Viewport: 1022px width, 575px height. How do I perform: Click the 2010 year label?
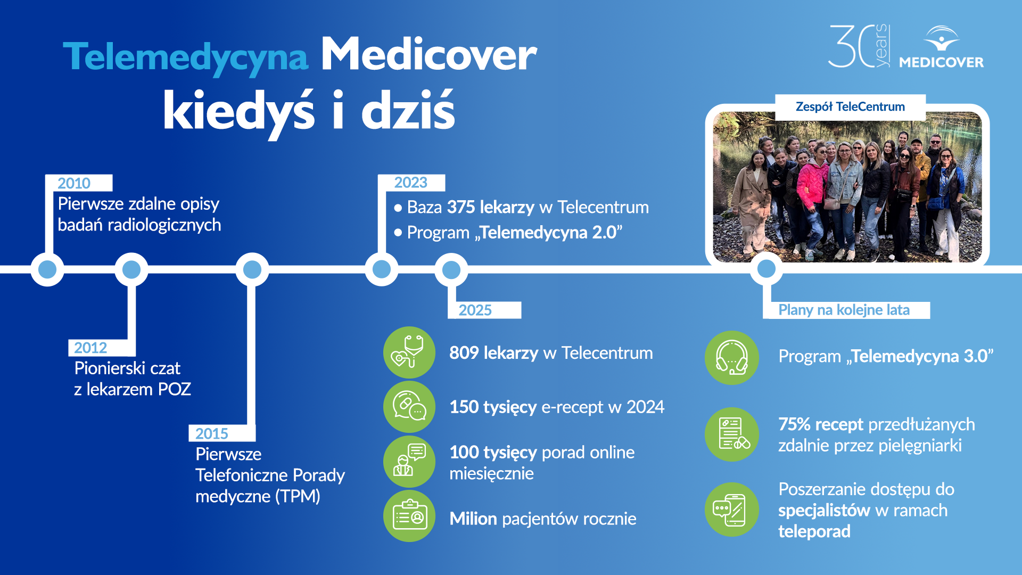pos(74,183)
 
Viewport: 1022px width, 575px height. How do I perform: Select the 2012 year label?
pos(90,348)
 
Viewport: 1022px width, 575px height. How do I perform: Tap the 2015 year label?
pos(211,433)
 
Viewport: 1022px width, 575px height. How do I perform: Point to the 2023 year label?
pos(410,183)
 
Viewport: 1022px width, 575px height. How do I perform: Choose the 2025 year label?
pos(475,310)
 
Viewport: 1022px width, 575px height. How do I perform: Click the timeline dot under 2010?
pos(47,269)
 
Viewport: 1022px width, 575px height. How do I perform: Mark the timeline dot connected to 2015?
pos(252,269)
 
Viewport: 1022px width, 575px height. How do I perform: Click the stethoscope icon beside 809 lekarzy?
pos(409,352)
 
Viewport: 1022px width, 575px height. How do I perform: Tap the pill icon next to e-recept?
pos(409,407)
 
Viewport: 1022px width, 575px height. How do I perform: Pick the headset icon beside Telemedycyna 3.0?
pos(731,357)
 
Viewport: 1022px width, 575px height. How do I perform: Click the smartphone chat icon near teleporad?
pos(731,510)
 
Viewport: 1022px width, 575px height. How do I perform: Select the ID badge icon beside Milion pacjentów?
pos(409,516)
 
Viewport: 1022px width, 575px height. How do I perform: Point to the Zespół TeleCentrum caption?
pos(850,106)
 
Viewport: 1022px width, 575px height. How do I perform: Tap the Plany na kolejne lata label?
pos(844,310)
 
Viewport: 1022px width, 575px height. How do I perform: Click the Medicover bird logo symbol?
pos(941,38)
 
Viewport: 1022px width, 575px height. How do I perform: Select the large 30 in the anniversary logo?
pos(851,46)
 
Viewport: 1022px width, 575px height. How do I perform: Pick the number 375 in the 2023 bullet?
pos(461,207)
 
